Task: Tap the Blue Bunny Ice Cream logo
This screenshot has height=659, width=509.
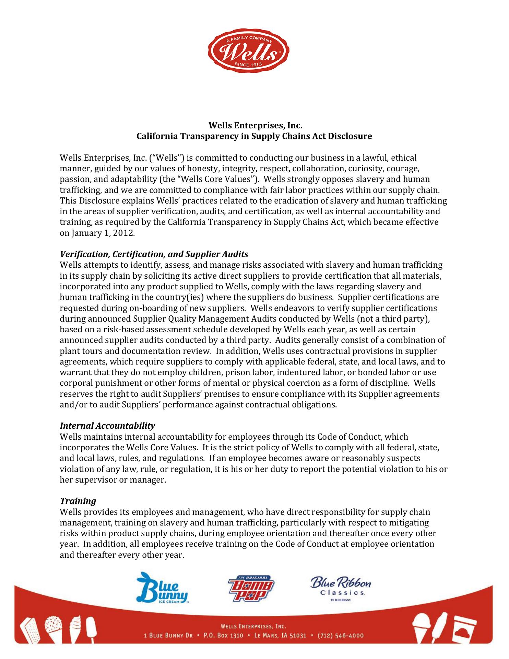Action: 162,587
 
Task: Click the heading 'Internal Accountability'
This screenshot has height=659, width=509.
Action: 107,426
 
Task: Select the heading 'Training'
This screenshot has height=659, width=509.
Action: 78,501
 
